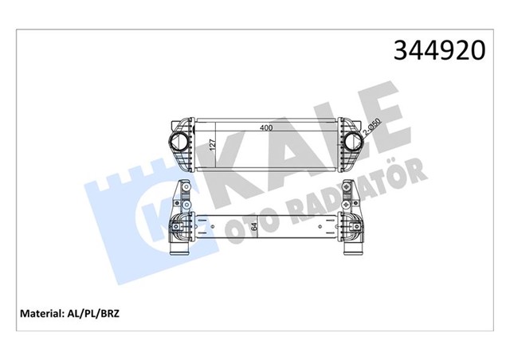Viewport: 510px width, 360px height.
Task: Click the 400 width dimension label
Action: (x=265, y=127)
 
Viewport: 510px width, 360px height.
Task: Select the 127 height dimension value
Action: (x=213, y=145)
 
